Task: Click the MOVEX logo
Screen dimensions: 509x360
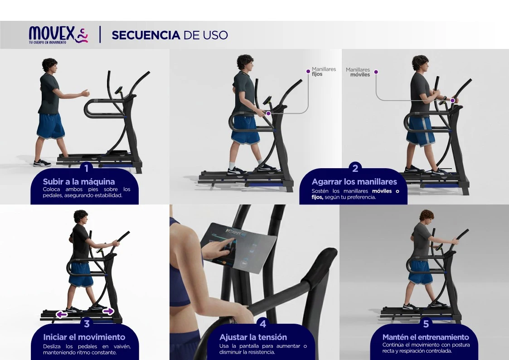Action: (58, 35)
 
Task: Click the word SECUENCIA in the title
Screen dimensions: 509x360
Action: (146, 35)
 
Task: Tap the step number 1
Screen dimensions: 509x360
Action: (87, 168)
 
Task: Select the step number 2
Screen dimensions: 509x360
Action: (355, 168)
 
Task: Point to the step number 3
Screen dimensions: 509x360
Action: (87, 324)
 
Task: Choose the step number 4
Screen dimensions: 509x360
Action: (263, 324)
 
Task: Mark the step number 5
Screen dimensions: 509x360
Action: (426, 324)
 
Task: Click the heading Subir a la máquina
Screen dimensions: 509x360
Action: (79, 181)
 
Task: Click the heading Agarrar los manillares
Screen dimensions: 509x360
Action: (354, 182)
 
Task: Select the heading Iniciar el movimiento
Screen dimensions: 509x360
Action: (84, 337)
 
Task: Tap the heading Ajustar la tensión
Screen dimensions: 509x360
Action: (253, 337)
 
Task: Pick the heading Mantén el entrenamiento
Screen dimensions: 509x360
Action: (426, 337)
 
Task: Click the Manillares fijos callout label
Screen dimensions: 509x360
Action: (324, 72)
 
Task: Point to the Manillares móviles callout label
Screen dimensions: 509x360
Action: (358, 72)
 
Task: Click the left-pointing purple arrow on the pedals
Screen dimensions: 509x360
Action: (62, 314)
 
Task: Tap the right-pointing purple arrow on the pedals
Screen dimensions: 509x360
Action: (108, 311)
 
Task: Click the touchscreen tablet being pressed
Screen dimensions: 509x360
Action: (238, 247)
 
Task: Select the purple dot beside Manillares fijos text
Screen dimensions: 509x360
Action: (308, 72)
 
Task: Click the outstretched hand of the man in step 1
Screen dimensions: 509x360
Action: (85, 93)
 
